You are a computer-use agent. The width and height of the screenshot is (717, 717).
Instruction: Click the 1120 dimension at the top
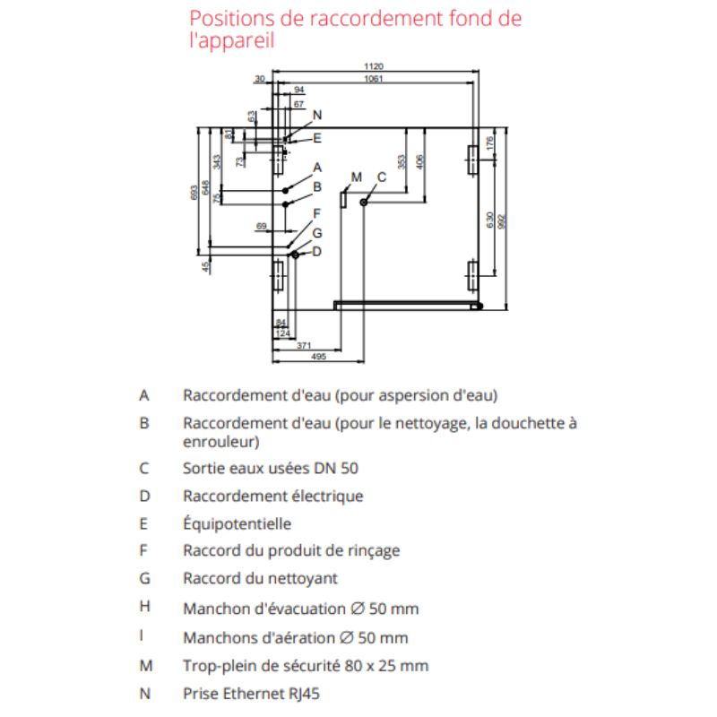374,67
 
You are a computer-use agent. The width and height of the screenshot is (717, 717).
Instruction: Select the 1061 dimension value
374,80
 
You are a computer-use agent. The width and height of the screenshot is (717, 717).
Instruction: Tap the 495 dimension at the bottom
317,357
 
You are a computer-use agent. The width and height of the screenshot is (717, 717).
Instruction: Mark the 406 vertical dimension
421,162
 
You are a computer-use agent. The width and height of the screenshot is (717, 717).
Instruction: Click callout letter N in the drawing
317,115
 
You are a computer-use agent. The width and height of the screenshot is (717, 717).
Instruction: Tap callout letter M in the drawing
356,177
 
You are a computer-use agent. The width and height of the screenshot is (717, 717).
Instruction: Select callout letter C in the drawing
381,177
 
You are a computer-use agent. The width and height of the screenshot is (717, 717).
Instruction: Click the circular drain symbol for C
364,203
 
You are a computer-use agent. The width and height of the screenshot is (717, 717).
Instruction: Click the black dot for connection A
285,191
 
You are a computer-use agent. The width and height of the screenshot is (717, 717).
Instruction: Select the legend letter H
144,607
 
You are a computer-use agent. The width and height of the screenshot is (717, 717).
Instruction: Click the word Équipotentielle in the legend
237,524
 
